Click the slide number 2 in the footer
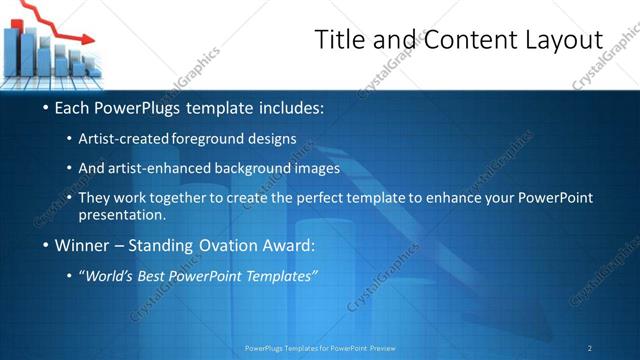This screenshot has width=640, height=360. click(589, 347)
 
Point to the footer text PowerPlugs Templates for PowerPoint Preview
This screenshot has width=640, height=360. click(320, 347)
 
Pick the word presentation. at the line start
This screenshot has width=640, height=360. click(122, 215)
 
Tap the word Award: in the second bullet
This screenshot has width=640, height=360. click(290, 245)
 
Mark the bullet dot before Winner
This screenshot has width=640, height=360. click(46, 246)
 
